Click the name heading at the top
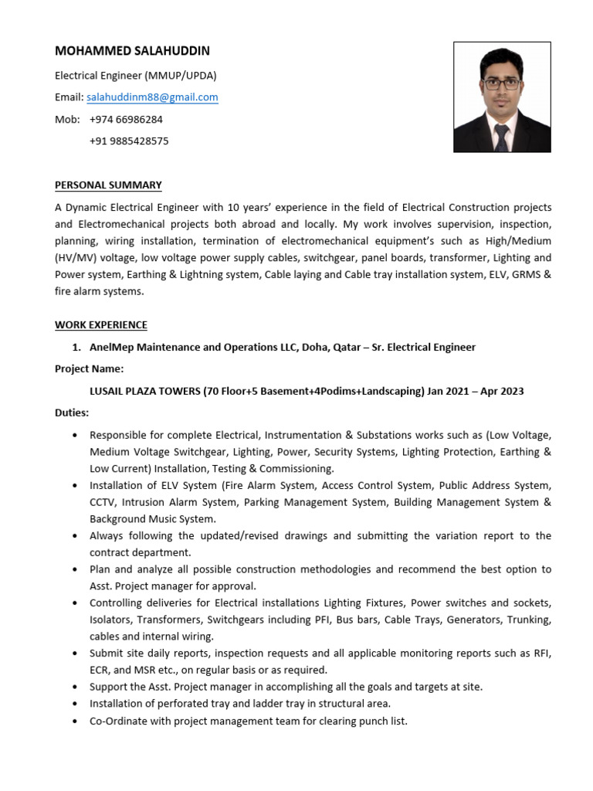pyautogui.click(x=132, y=51)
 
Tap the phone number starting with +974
pyautogui.click(x=126, y=120)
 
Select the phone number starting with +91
pyautogui.click(x=129, y=141)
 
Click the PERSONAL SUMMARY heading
pyautogui.click(x=108, y=185)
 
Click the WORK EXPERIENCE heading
pyautogui.click(x=100, y=325)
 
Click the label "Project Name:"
pyautogui.click(x=89, y=369)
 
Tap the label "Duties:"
pyautogui.click(x=72, y=413)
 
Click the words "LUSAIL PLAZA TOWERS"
pyautogui.click(x=145, y=392)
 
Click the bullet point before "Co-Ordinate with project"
pyautogui.click(x=74, y=721)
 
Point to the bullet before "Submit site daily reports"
pyautogui.click(x=74, y=654)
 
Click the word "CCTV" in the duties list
pyautogui.click(x=102, y=502)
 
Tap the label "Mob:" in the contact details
pyautogui.click(x=67, y=120)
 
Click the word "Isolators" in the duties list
pyautogui.click(x=111, y=620)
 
